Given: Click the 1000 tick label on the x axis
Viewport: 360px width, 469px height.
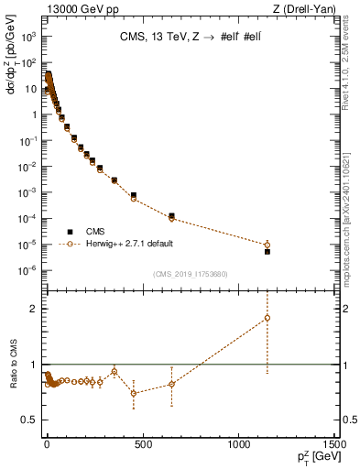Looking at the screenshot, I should click(236, 444).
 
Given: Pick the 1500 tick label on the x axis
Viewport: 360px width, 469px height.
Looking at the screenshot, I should click(333, 444).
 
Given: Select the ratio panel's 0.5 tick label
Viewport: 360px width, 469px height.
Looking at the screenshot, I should click(27, 420).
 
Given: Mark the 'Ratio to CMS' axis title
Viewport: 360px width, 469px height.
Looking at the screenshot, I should click(12, 364).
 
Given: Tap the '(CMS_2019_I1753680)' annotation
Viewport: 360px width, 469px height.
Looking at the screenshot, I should click(190, 273).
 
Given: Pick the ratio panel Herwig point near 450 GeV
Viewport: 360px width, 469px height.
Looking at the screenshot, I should click(134, 393).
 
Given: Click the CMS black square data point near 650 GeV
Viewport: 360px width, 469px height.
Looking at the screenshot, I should click(171, 215).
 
